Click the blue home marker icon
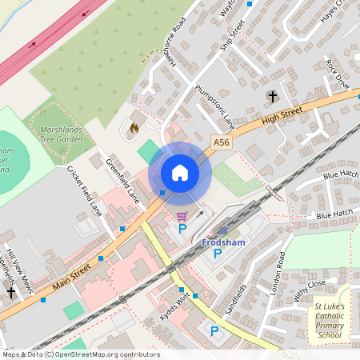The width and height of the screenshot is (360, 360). coord(179,173)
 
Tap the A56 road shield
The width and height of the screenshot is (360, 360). coord(222,142)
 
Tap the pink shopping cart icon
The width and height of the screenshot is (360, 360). coord(182,215)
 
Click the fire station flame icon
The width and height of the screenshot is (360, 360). coord(134,127)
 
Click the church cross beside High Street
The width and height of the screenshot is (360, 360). coord(272,97)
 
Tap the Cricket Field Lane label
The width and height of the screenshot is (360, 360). coord(85,191)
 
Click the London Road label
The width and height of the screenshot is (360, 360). coord(278,274)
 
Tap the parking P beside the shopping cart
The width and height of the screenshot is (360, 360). coord(182,229)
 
